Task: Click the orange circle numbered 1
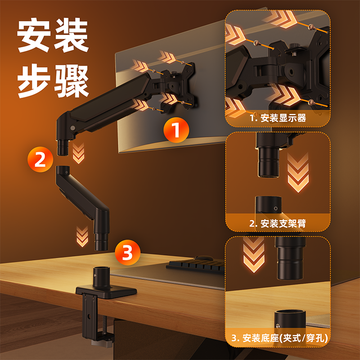(x=176, y=130)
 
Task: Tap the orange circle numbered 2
(x=40, y=159)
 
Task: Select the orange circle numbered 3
(x=128, y=252)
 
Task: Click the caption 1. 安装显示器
(x=278, y=118)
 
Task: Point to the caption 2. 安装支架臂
(x=278, y=223)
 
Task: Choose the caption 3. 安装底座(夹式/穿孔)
(x=279, y=338)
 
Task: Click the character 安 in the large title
(x=34, y=35)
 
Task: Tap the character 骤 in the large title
(x=72, y=81)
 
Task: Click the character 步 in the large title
(x=34, y=81)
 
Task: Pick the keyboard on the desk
(x=195, y=266)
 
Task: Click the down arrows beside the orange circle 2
(x=78, y=153)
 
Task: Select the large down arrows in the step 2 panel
(x=298, y=172)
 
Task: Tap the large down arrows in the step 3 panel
(x=254, y=255)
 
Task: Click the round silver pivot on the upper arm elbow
(x=73, y=128)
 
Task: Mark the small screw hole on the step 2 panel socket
(x=276, y=208)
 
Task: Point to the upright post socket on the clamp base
(x=101, y=277)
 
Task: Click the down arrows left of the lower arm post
(x=82, y=237)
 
